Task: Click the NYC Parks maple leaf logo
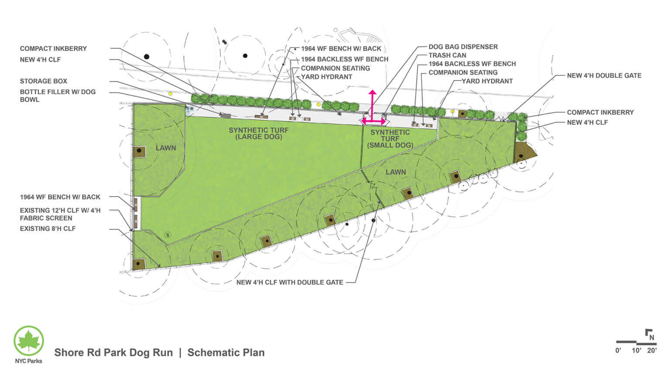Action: pyautogui.click(x=29, y=340)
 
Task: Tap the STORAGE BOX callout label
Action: pyautogui.click(x=44, y=81)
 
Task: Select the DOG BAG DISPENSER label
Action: pyautogui.click(x=463, y=47)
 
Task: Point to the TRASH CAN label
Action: pyautogui.click(x=447, y=55)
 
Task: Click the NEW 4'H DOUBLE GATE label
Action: pyautogui.click(x=604, y=75)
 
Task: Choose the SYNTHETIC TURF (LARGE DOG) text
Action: pyautogui.click(x=259, y=133)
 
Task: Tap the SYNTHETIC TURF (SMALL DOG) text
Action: pyautogui.click(x=390, y=138)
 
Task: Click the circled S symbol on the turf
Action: pyautogui.click(x=167, y=235)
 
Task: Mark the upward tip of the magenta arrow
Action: pyautogui.click(x=372, y=92)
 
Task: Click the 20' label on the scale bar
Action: pyautogui.click(x=652, y=350)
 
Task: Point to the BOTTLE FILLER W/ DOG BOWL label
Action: pyautogui.click(x=57, y=96)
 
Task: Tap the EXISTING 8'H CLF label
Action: pyautogui.click(x=48, y=229)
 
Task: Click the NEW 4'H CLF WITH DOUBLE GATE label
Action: pyautogui.click(x=290, y=282)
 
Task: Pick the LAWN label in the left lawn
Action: pyautogui.click(x=166, y=148)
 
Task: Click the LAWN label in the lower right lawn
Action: pyautogui.click(x=396, y=172)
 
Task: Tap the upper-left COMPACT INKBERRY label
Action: pyautogui.click(x=53, y=48)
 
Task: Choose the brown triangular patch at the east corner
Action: pyautogui.click(x=525, y=151)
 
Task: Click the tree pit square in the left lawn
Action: pyautogui.click(x=139, y=151)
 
